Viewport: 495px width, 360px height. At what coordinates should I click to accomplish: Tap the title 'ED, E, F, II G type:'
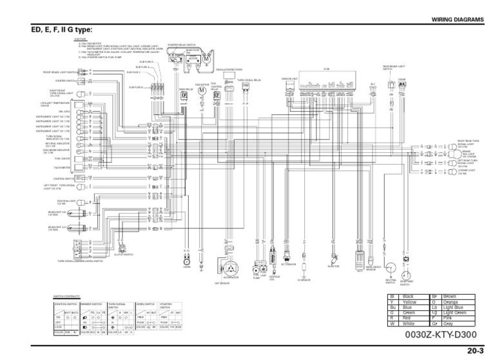[57, 30]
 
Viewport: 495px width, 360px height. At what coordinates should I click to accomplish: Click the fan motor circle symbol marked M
[202, 90]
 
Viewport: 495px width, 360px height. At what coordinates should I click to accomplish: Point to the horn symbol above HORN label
[186, 263]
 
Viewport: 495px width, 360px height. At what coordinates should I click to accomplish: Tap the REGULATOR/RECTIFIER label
[229, 69]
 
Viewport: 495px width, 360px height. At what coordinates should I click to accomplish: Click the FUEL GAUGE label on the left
[63, 158]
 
